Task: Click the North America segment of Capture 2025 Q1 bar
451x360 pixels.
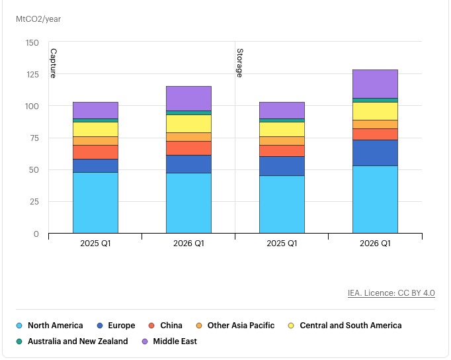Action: [95, 202]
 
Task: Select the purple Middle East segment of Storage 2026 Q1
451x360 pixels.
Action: [375, 83]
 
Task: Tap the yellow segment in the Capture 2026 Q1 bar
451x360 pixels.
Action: [188, 124]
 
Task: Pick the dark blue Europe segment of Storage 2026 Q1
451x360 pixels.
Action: [375, 153]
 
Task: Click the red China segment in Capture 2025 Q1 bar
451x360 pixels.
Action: [95, 152]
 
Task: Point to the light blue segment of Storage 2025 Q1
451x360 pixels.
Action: [282, 204]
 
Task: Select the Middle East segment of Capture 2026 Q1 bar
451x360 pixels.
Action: [188, 98]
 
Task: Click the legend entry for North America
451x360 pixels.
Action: [50, 326]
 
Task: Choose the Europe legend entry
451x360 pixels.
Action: [116, 326]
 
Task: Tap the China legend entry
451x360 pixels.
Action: [166, 326]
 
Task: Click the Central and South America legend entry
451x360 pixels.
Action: [345, 326]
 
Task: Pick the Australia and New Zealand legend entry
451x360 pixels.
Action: [72, 341]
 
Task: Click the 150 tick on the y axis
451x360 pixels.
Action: [32, 43]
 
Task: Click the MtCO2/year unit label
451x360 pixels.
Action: [38, 19]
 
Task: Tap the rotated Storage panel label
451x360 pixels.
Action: [239, 62]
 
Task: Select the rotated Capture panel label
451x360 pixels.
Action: [53, 63]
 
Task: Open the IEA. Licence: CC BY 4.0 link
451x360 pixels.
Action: [391, 293]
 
